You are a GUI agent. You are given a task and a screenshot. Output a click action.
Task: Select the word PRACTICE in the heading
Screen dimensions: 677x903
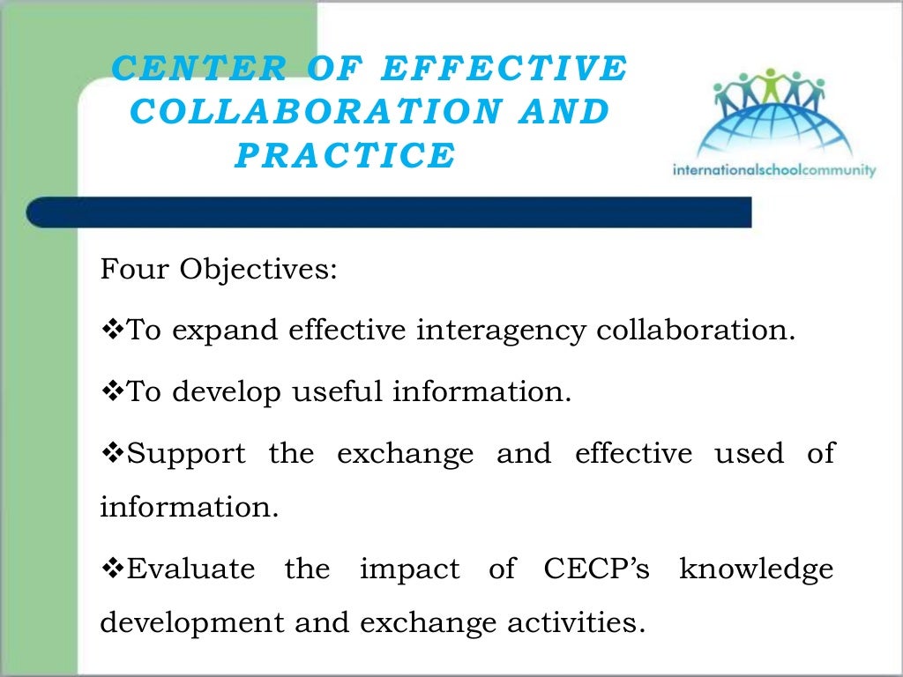pyautogui.click(x=345, y=155)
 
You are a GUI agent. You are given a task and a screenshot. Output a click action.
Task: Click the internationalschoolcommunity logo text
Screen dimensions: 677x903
pyautogui.click(x=773, y=169)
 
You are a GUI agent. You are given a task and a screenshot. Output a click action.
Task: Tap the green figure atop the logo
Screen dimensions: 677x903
pyautogui.click(x=772, y=85)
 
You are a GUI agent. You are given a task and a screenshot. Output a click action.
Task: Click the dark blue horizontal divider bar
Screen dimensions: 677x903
pyautogui.click(x=388, y=212)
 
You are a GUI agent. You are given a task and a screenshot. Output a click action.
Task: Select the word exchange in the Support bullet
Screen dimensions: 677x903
pyautogui.click(x=405, y=454)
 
